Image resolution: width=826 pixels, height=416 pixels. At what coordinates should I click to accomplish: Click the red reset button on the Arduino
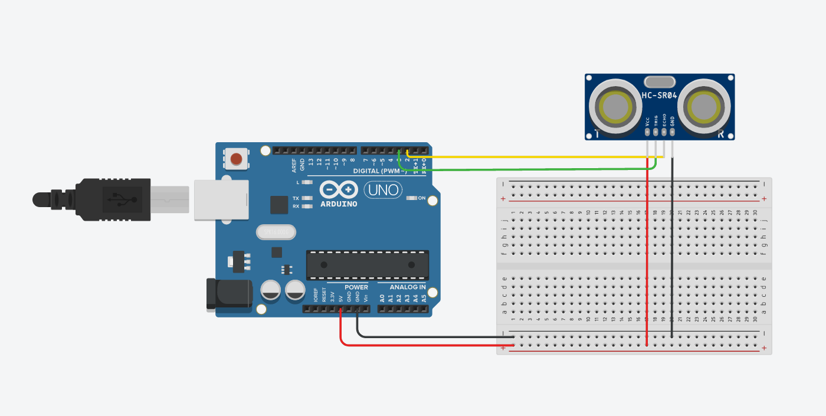[x=237, y=159]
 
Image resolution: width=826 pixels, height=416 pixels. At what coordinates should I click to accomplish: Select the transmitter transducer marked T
[x=615, y=108]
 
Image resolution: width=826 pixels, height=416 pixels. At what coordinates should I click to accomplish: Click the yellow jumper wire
[x=531, y=157]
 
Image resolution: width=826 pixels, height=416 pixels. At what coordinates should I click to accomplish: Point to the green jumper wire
[x=531, y=169]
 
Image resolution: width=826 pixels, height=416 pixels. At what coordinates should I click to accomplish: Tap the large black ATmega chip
[x=367, y=265]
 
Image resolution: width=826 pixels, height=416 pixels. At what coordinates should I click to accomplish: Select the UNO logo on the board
[x=383, y=190]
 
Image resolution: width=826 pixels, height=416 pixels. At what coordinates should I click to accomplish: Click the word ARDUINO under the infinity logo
[x=339, y=204]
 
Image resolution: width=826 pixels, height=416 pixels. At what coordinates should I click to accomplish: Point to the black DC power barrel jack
[x=228, y=294]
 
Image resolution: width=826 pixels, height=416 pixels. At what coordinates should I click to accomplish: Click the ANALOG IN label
[x=408, y=287]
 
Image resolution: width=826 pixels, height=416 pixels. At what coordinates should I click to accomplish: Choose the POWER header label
[x=356, y=287]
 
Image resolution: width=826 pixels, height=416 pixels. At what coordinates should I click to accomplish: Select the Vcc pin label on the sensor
[x=648, y=120]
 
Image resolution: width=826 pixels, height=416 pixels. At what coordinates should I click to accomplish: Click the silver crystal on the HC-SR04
[x=660, y=81]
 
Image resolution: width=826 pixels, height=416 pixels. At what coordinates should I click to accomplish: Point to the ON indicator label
[x=421, y=198]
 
